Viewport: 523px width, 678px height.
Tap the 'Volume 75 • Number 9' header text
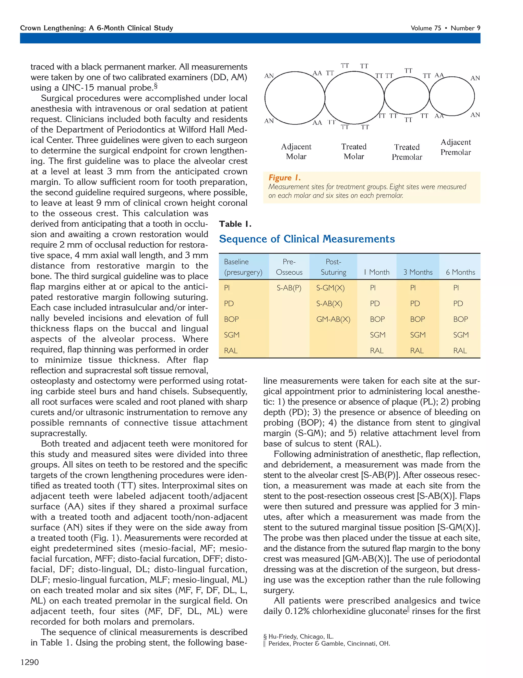click(x=445, y=28)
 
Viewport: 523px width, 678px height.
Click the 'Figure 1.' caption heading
click(x=284, y=178)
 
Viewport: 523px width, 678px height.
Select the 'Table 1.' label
click(x=235, y=224)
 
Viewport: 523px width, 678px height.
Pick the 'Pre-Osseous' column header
click(x=289, y=267)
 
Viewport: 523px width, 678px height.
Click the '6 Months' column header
click(x=460, y=272)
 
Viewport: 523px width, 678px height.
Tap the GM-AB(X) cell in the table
click(x=333, y=319)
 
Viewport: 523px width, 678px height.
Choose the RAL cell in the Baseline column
click(x=231, y=350)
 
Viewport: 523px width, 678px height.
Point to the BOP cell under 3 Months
click(x=418, y=319)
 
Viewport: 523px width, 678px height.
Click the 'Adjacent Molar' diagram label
click(x=296, y=151)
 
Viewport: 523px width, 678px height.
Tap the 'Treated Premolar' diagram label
click(x=407, y=152)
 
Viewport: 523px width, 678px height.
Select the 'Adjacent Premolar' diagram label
click(x=455, y=147)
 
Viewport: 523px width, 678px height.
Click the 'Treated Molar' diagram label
click(x=354, y=151)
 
